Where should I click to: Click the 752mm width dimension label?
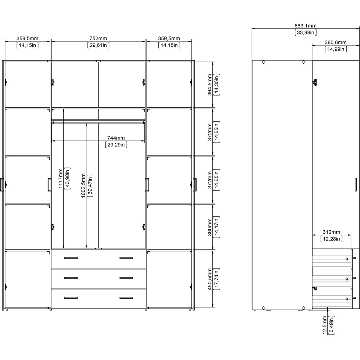pos(98,39)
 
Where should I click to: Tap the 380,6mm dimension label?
pos(336,42)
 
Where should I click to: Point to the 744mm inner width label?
pos(116,138)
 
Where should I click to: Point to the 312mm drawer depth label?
pos(331,232)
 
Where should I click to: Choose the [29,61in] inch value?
pos(98,45)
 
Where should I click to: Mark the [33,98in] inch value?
pos(305,32)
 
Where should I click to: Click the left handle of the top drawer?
pos(71,258)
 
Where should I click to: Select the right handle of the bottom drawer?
pos(126,298)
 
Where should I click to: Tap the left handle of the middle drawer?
pos(71,278)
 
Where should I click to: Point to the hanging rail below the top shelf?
pos(98,122)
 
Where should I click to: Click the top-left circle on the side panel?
pos(264,62)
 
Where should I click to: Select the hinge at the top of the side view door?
pos(315,82)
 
